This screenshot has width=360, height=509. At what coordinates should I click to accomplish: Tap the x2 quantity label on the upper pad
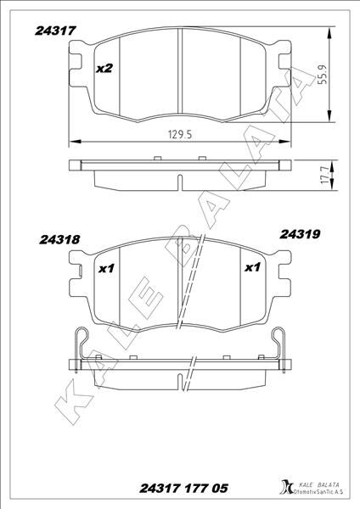coord(105,68)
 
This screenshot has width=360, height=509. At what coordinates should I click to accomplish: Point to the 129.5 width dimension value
coord(175,134)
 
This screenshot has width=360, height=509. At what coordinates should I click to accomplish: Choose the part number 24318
coord(59,240)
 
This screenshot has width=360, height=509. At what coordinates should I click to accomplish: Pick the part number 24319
coord(299,231)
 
